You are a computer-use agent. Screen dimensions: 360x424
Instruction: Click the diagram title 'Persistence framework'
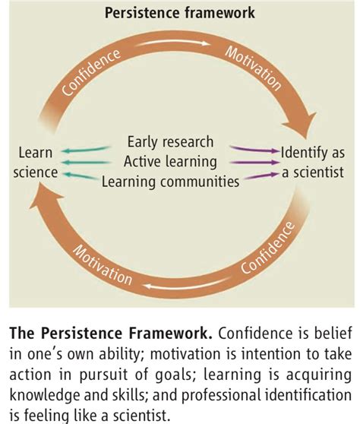coord(180,13)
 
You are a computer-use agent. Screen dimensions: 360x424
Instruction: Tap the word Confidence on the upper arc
coord(91,72)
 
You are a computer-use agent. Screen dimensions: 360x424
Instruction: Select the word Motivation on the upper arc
coord(253,68)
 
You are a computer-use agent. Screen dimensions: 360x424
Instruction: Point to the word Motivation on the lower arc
coord(103,265)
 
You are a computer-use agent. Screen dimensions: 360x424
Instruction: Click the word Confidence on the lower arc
coord(267,248)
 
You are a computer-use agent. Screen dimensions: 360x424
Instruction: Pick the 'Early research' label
coord(170,141)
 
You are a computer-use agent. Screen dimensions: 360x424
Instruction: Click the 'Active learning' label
coord(170,161)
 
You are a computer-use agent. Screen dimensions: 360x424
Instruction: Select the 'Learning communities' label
coord(170,182)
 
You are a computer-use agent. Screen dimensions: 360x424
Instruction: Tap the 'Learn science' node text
coord(36,163)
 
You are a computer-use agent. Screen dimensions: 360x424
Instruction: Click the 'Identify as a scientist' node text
coord(313,163)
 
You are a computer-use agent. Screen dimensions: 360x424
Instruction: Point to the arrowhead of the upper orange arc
coord(301,125)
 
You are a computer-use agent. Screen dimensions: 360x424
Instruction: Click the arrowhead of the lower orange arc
coord(46,195)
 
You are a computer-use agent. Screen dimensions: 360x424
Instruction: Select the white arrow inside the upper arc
coord(172,43)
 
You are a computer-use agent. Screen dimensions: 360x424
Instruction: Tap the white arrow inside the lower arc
coord(187,284)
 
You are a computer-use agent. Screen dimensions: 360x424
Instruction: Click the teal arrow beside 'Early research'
coord(86,150)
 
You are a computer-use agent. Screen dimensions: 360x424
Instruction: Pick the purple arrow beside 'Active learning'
coord(254,163)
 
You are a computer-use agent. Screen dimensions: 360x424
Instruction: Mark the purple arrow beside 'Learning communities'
coord(261,176)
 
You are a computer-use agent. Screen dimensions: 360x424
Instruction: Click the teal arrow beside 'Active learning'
coord(86,163)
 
